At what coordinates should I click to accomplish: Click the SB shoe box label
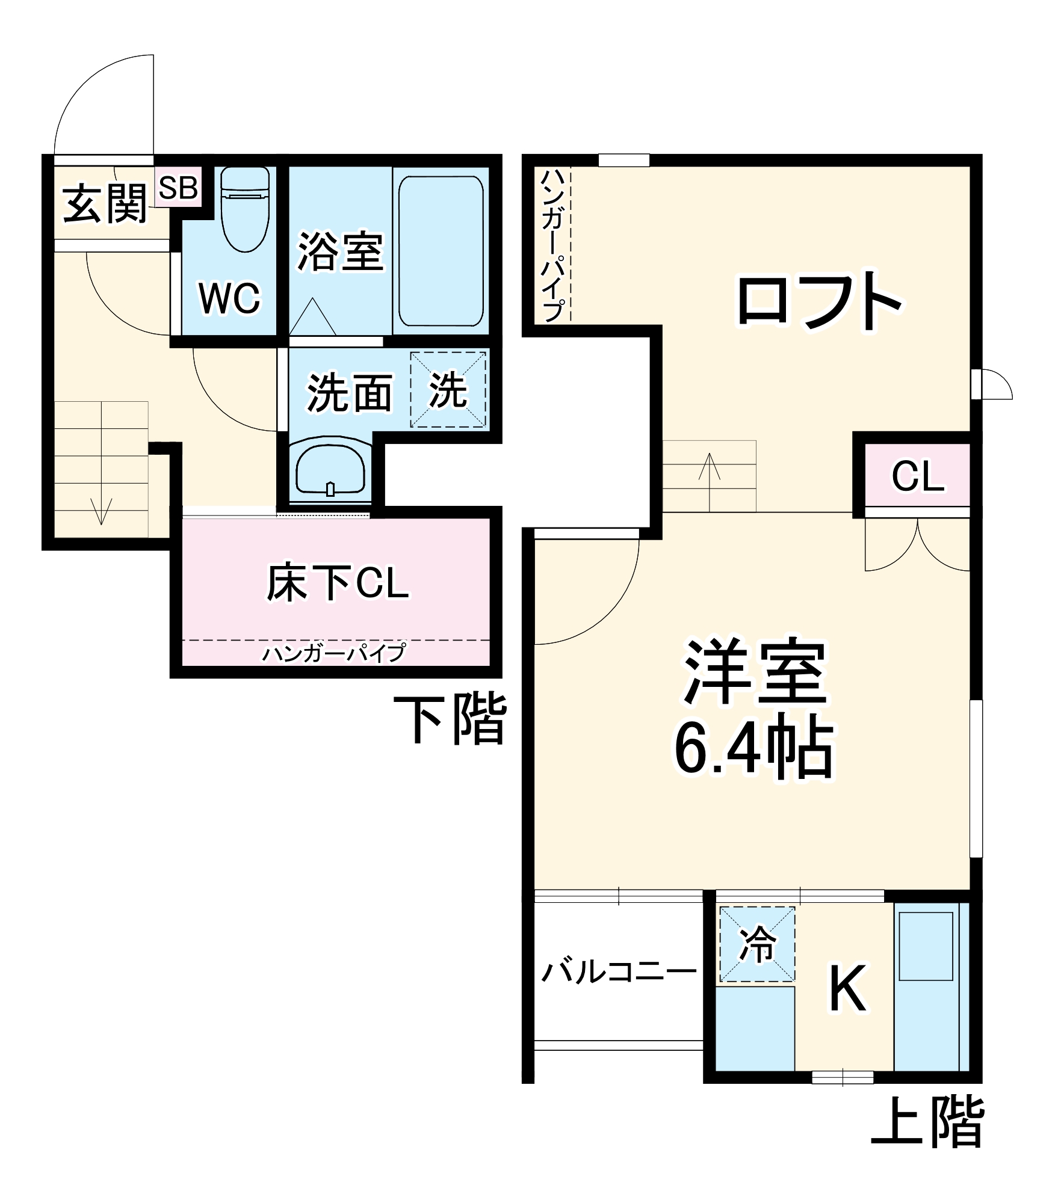pos(178,188)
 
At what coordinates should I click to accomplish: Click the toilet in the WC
pos(245,208)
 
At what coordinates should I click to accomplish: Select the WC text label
pos(229,297)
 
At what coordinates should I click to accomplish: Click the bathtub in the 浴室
pos(441,251)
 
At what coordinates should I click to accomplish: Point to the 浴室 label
pos(341,251)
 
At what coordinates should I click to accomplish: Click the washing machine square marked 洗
pos(448,390)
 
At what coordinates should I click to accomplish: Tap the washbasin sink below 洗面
pos(330,469)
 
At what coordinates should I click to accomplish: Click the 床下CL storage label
pos(338,583)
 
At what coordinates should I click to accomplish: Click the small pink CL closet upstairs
pos(918,476)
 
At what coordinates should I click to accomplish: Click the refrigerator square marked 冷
pos(758,944)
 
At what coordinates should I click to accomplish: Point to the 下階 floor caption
pos(450,720)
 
